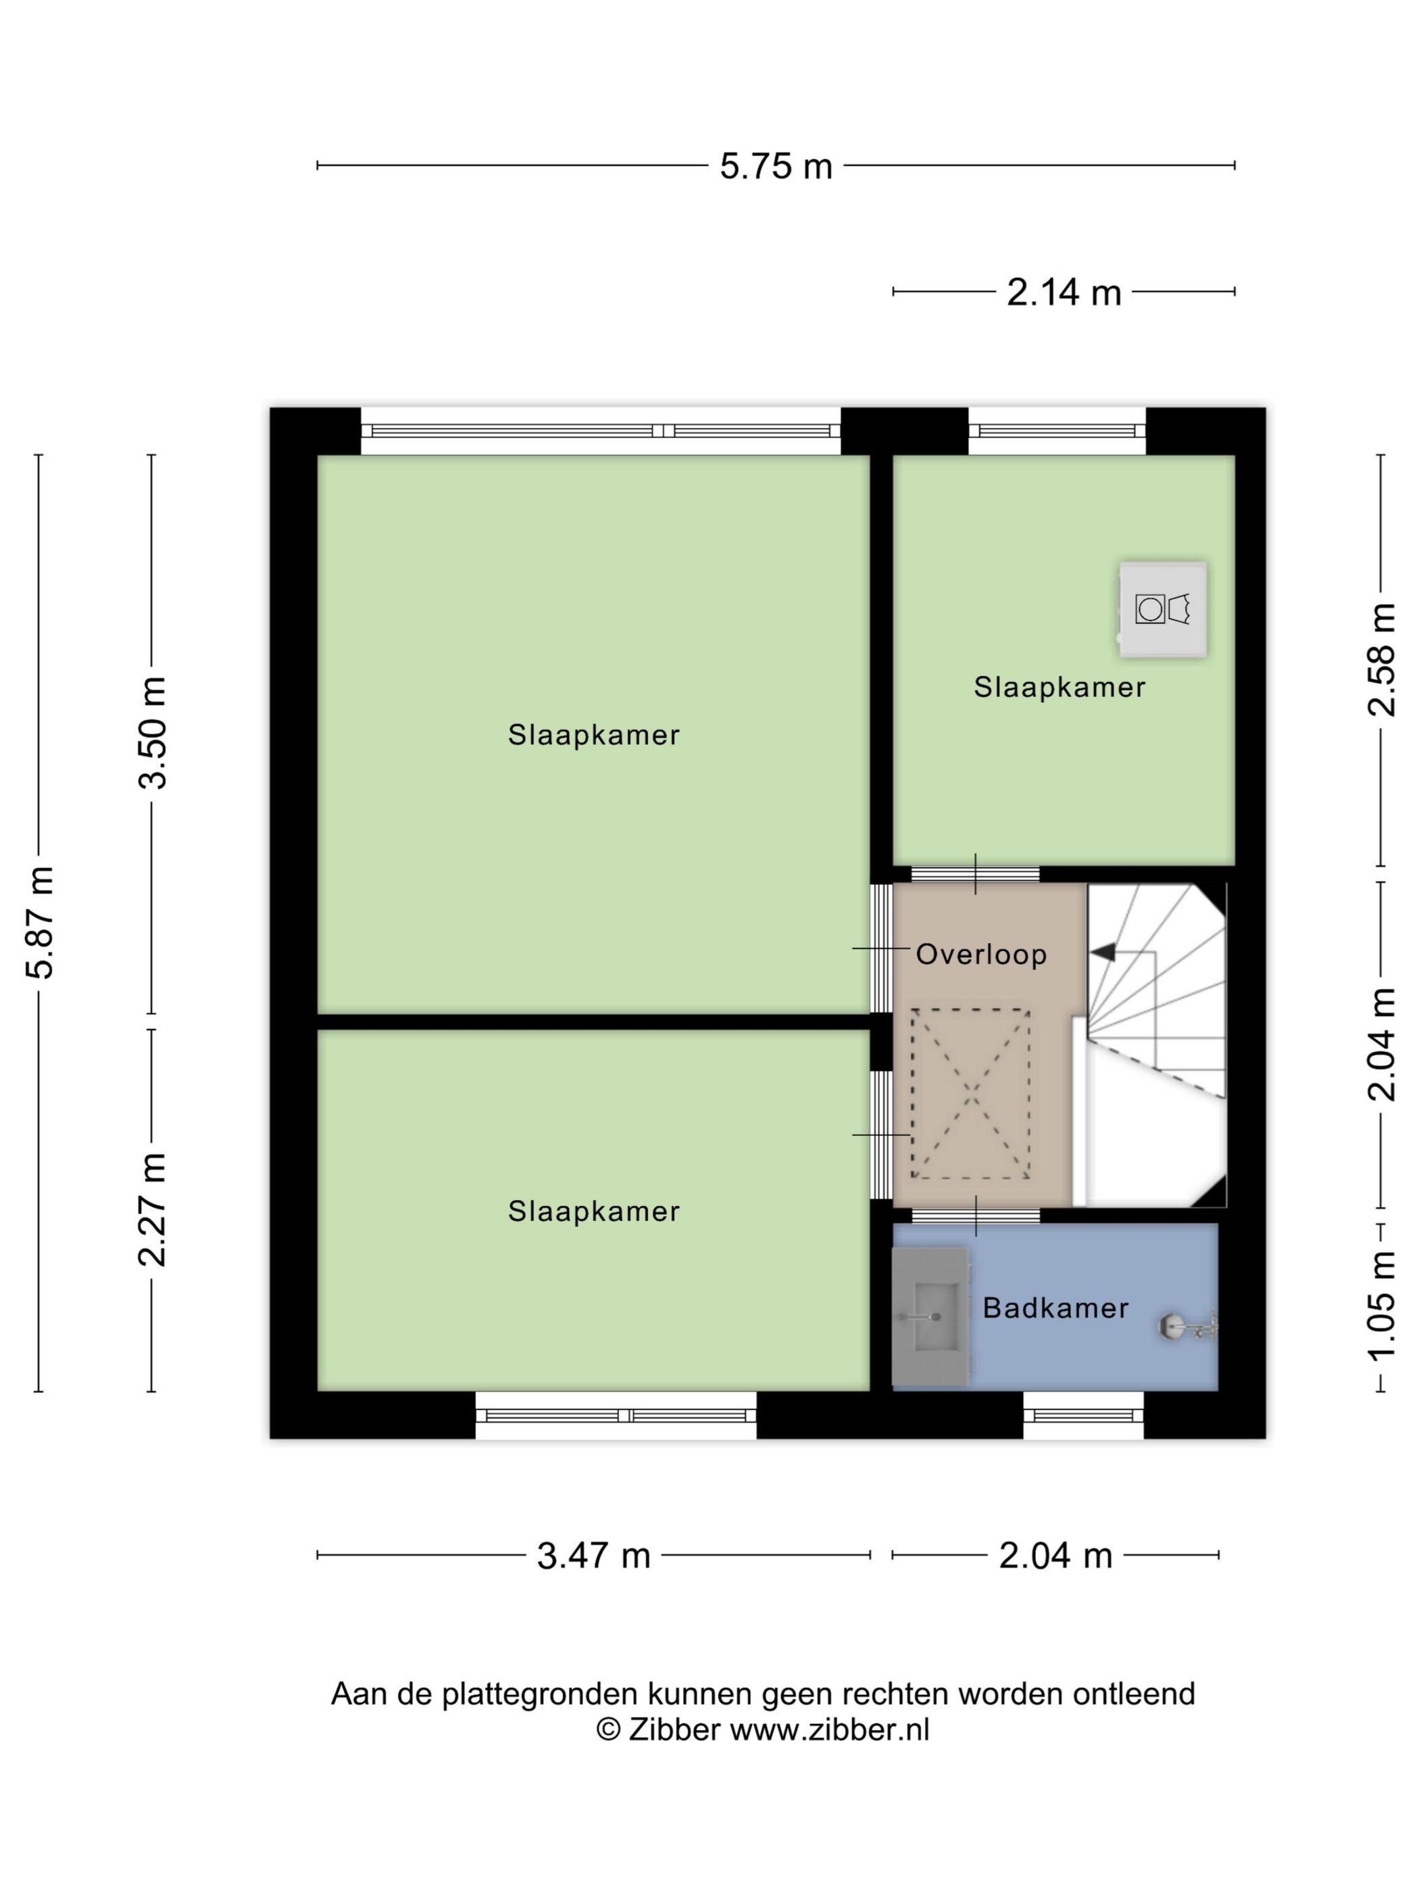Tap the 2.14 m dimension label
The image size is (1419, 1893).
pyautogui.click(x=1063, y=293)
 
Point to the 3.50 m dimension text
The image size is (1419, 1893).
pyautogui.click(x=155, y=733)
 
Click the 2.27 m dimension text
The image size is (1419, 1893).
pyautogui.click(x=155, y=1210)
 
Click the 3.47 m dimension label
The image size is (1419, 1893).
pyautogui.click(x=593, y=1556)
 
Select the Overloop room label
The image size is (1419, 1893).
pyautogui.click(x=981, y=954)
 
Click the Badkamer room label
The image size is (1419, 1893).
pyautogui.click(x=1055, y=1308)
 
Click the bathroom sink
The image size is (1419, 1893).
pyautogui.click(x=930, y=1317)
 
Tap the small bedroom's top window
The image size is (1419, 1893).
pyautogui.click(x=1057, y=431)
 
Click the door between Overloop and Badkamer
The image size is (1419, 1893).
pyautogui.click(x=976, y=1215)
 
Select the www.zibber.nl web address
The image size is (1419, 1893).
pyautogui.click(x=829, y=1729)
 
